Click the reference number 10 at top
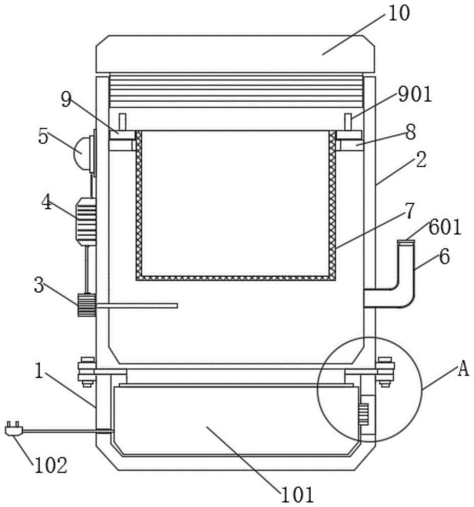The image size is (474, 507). click(x=399, y=14)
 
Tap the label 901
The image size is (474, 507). click(x=415, y=95)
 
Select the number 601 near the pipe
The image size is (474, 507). click(x=445, y=228)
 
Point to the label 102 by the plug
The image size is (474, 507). click(x=51, y=465)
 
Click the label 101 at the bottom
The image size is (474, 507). click(x=297, y=495)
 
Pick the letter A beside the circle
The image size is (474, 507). click(x=464, y=369)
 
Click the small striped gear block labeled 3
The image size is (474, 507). click(x=87, y=305)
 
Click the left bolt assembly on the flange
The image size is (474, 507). click(x=87, y=372)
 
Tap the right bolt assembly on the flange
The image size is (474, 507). click(x=385, y=372)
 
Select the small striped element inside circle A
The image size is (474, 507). click(x=364, y=414)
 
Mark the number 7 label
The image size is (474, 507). click(x=409, y=211)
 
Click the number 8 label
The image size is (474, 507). click(x=411, y=132)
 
